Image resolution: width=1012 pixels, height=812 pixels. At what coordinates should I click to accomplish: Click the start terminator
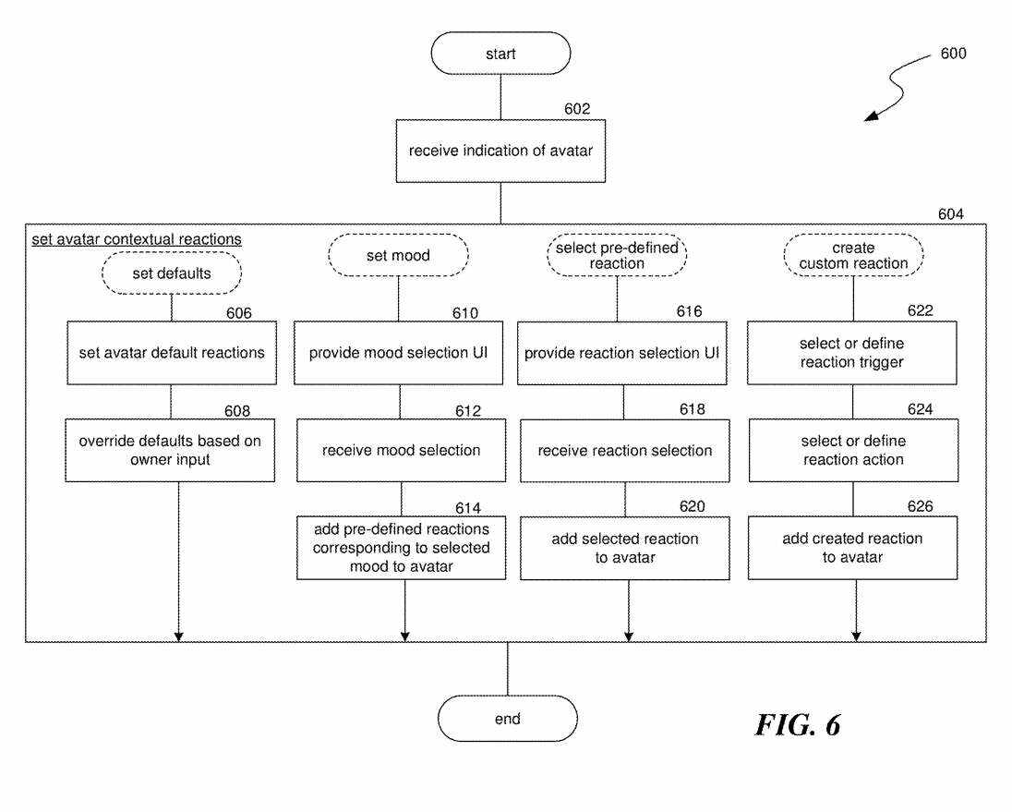click(x=500, y=55)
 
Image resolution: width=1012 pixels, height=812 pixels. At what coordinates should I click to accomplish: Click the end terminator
click(x=507, y=719)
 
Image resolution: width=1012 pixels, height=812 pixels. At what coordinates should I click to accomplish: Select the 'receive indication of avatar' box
click(x=500, y=150)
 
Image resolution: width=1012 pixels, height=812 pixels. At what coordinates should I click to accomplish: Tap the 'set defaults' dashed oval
click(x=172, y=273)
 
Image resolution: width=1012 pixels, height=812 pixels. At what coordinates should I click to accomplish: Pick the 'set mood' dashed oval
click(x=399, y=255)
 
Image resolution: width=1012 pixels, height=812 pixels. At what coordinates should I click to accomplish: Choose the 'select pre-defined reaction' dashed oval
click(x=617, y=255)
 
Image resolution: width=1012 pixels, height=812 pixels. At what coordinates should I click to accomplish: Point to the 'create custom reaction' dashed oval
click(x=853, y=255)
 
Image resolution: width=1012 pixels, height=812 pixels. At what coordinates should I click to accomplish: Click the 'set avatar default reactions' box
click(x=172, y=352)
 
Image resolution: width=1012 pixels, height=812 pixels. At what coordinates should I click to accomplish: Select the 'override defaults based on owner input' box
click(x=172, y=450)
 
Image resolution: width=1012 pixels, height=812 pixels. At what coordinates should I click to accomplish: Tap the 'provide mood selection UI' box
click(x=399, y=352)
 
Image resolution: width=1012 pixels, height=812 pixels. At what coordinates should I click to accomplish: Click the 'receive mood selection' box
click(x=401, y=450)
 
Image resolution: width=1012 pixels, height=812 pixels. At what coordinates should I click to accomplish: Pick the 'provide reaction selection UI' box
click(x=622, y=352)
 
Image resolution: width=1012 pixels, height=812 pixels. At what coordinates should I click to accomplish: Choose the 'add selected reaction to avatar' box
click(x=625, y=548)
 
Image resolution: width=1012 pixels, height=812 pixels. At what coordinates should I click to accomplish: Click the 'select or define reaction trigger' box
click(x=852, y=352)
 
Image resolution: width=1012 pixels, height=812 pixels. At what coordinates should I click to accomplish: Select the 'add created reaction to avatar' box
click(x=852, y=548)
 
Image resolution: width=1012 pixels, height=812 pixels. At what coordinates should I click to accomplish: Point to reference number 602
click(x=577, y=109)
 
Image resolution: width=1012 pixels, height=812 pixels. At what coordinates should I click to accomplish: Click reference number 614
click(x=468, y=506)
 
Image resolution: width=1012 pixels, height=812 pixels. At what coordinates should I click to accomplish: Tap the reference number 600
click(x=953, y=54)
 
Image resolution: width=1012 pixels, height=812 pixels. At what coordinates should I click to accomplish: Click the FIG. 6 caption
click(x=798, y=724)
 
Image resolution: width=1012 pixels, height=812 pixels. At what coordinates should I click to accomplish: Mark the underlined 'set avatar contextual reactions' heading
click(x=137, y=239)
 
